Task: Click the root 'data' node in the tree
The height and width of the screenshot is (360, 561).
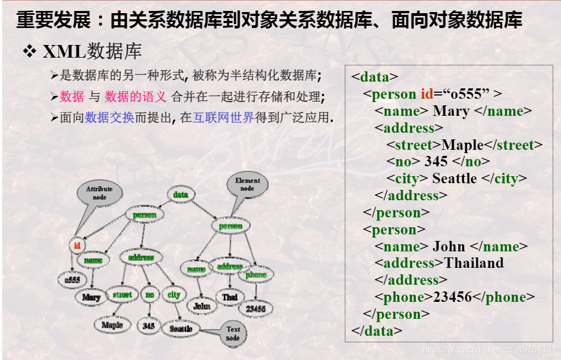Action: pos(180,195)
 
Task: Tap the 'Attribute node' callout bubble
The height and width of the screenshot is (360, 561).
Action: pos(99,193)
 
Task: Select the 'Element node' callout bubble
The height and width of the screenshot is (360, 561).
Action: pos(247,185)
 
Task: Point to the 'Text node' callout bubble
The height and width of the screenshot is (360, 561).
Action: pos(233,333)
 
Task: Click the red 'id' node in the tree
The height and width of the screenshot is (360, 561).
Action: pos(77,245)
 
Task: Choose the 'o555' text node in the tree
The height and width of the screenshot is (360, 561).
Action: pos(72,280)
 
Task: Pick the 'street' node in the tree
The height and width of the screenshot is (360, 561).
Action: pos(122,295)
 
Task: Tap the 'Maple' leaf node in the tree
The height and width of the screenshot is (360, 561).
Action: pos(112,325)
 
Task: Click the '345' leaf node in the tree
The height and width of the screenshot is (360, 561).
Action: pos(149,326)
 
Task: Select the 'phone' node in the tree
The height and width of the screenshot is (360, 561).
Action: pos(256,274)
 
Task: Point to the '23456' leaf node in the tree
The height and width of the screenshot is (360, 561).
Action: pos(256,309)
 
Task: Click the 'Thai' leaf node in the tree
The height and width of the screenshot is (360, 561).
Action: pos(230,297)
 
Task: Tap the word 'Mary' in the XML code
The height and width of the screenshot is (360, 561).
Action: pos(451,111)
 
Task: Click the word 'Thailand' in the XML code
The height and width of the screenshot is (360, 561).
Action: pos(474,263)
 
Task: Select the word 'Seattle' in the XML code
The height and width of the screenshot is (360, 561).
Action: pos(455,179)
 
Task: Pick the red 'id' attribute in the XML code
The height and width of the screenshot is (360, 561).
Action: pos(427,94)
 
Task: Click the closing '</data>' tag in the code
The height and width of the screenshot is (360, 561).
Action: pos(377,331)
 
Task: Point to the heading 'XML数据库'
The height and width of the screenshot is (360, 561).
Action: pos(92,52)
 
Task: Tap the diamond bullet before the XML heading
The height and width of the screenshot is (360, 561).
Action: pos(29,52)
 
